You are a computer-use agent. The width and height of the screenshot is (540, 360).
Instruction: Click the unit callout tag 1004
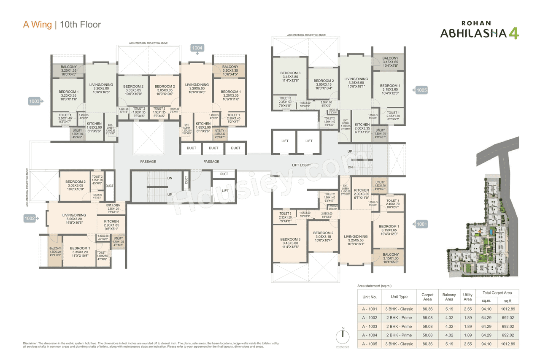click(197, 48)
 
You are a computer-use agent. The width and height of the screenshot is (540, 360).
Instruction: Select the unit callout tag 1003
click(34, 101)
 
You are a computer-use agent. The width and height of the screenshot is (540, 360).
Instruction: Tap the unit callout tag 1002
click(29, 219)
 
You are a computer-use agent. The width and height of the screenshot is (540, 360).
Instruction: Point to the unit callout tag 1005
click(421, 90)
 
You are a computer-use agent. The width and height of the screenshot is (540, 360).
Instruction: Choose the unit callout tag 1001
click(421, 225)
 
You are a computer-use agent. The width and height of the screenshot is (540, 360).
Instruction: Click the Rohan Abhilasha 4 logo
click(479, 30)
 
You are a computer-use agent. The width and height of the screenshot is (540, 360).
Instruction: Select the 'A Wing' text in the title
click(38, 24)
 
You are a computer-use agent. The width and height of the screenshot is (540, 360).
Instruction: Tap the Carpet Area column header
click(427, 297)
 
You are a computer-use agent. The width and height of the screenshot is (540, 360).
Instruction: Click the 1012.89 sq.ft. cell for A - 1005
click(508, 344)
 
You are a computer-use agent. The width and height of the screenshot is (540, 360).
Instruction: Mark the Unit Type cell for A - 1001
click(399, 309)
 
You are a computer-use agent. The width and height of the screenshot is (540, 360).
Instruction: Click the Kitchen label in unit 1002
click(111, 221)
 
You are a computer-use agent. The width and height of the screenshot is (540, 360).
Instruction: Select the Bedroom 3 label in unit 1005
click(290, 73)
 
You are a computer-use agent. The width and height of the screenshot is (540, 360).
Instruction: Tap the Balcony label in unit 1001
click(391, 254)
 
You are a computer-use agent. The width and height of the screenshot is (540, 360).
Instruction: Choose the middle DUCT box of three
click(213, 148)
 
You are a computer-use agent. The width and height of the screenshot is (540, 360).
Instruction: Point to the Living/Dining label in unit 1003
click(101, 85)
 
